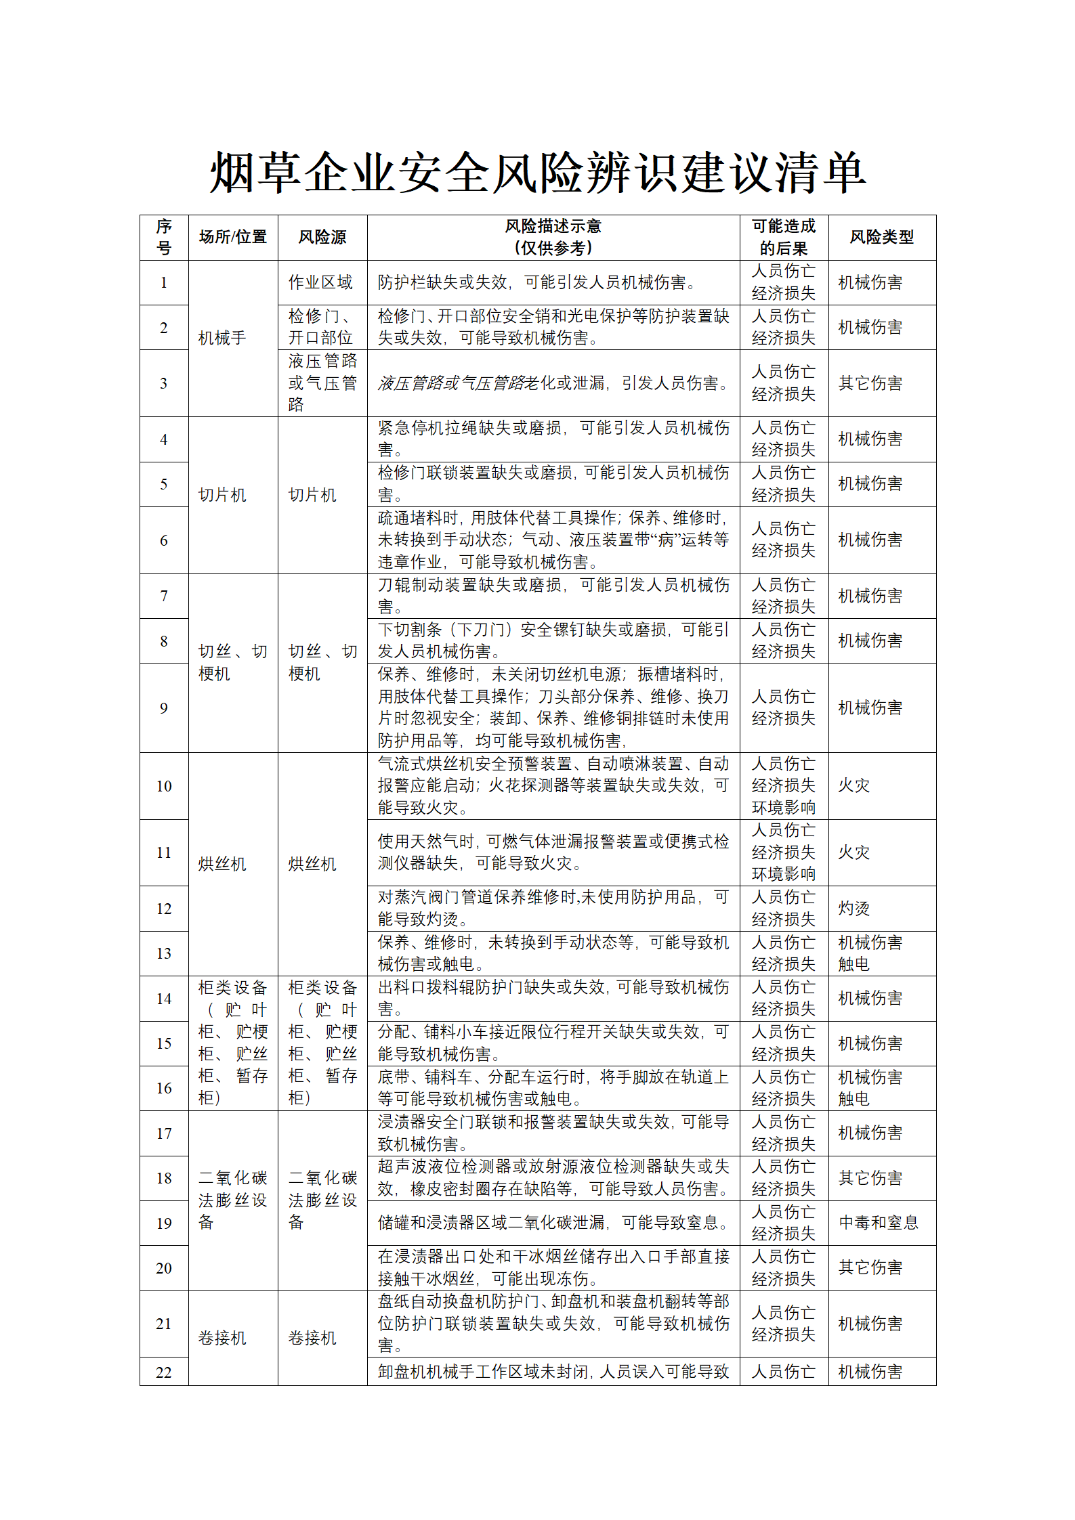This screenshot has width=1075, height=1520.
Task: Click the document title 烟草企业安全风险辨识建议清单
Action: pos(537,173)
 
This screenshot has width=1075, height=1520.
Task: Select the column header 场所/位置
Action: pos(232,237)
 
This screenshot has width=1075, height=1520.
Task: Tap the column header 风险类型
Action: pos(881,237)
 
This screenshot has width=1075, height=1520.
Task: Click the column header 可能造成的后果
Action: pos(784,237)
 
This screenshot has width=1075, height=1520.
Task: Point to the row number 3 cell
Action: pos(164,383)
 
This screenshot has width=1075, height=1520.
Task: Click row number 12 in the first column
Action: pos(164,909)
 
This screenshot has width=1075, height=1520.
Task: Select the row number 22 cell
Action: pos(164,1372)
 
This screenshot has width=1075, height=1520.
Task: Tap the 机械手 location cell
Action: pos(222,338)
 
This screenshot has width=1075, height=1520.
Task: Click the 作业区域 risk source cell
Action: pos(320,282)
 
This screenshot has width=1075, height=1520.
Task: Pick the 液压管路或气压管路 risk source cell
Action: pos(322,383)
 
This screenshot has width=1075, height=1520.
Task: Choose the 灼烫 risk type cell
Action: pos(853,909)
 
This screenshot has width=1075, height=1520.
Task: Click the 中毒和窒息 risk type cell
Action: pos(879,1223)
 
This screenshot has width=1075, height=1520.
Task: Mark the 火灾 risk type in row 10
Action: pos(853,785)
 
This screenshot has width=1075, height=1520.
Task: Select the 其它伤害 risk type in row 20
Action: pos(870,1267)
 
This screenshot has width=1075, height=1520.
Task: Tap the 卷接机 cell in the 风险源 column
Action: pos(312,1338)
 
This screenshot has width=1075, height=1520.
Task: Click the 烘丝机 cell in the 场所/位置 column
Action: pos(222,864)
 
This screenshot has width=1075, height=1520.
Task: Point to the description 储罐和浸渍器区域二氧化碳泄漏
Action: pos(553,1223)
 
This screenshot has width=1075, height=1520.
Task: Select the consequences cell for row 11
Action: pos(784,852)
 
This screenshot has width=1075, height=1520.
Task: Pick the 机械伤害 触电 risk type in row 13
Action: pos(870,953)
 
